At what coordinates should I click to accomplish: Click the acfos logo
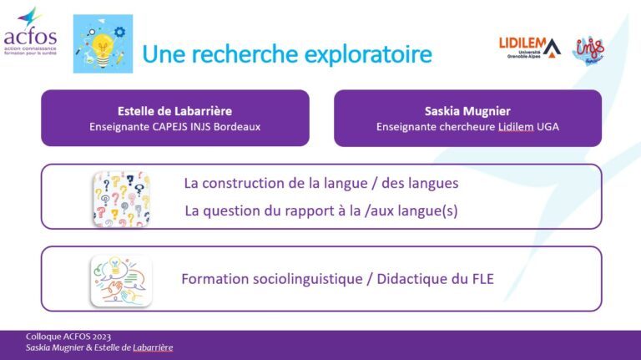click(x=30, y=31)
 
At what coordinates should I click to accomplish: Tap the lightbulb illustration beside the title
click(x=103, y=43)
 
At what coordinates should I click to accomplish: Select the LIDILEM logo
click(x=530, y=48)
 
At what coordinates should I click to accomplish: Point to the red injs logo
click(x=588, y=50)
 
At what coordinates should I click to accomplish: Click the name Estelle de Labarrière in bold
click(x=174, y=111)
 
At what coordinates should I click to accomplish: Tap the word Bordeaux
click(x=237, y=127)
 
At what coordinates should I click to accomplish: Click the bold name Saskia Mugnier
click(x=467, y=112)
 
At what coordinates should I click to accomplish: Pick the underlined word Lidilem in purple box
click(x=516, y=127)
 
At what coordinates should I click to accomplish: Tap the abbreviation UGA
click(x=548, y=127)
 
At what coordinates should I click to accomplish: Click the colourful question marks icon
click(x=121, y=199)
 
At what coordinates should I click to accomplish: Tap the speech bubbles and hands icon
click(x=121, y=281)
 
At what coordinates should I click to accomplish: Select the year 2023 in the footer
click(x=101, y=337)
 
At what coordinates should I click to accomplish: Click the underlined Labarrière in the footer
click(x=153, y=347)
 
